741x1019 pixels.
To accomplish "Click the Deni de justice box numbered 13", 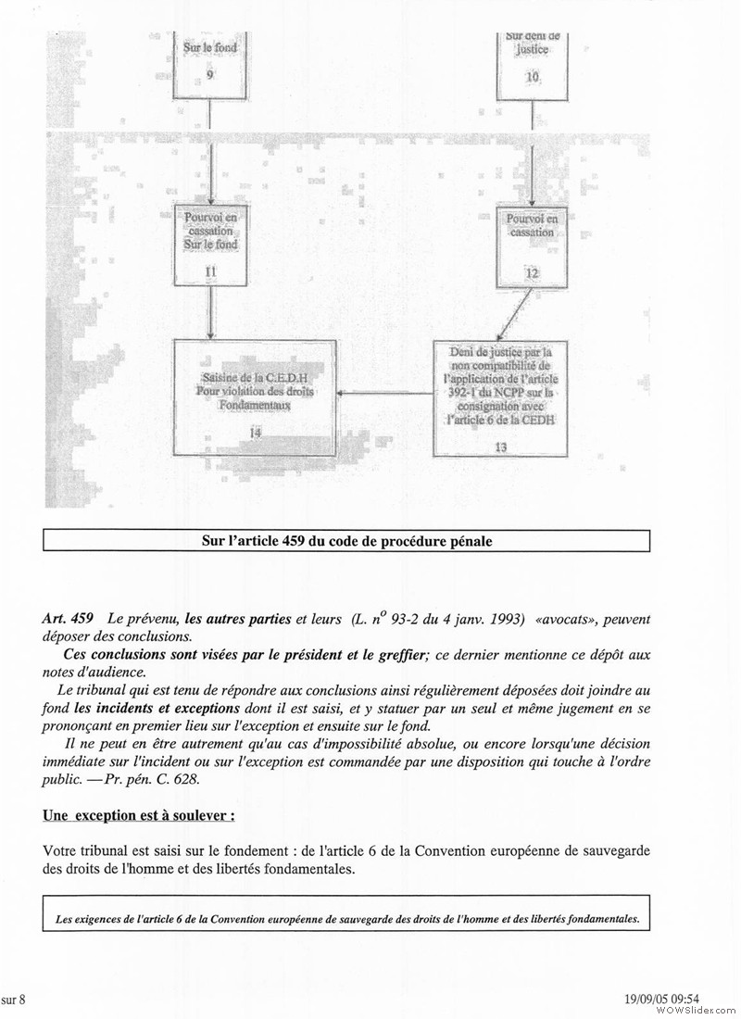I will coord(499,398).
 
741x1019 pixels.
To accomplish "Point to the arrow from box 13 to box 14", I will coord(385,394).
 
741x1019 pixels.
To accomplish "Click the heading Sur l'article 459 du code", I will coord(346,539).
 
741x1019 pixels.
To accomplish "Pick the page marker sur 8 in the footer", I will coord(14,998).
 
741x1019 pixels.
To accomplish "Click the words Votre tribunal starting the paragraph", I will coord(82,851).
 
